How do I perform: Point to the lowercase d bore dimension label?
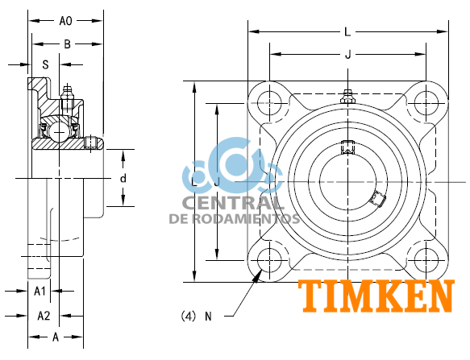pos(123,177)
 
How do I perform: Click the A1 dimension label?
pos(40,291)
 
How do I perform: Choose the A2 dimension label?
pos(44,315)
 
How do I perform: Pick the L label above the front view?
pos(347,32)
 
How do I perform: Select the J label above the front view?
pos(347,55)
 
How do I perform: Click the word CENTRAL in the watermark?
pos(233,203)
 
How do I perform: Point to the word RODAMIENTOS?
pos(256,218)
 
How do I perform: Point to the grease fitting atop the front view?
pos(347,97)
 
